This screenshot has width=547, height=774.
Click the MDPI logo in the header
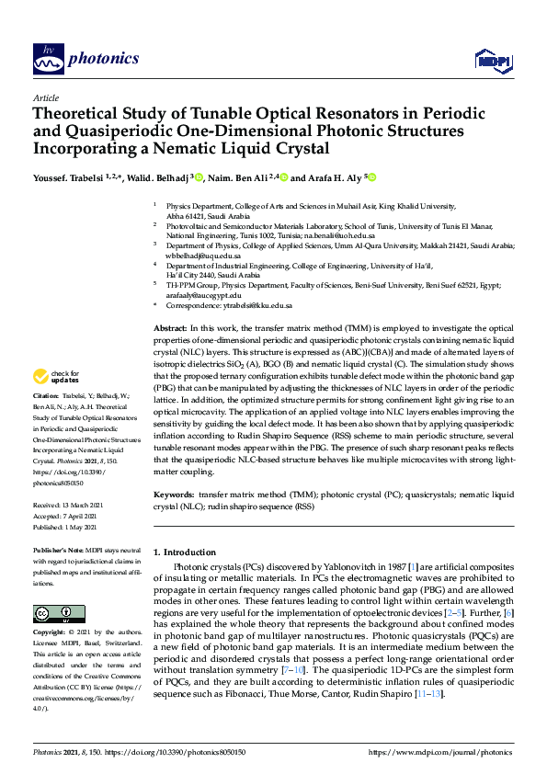[x=490, y=61]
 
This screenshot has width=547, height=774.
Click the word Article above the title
[x=45, y=97]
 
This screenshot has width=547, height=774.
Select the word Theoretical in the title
[x=75, y=114]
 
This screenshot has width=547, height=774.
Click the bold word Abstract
[x=170, y=328]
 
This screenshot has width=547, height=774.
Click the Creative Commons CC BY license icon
[x=53, y=612]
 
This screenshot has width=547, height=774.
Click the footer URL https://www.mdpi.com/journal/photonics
[x=439, y=753]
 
